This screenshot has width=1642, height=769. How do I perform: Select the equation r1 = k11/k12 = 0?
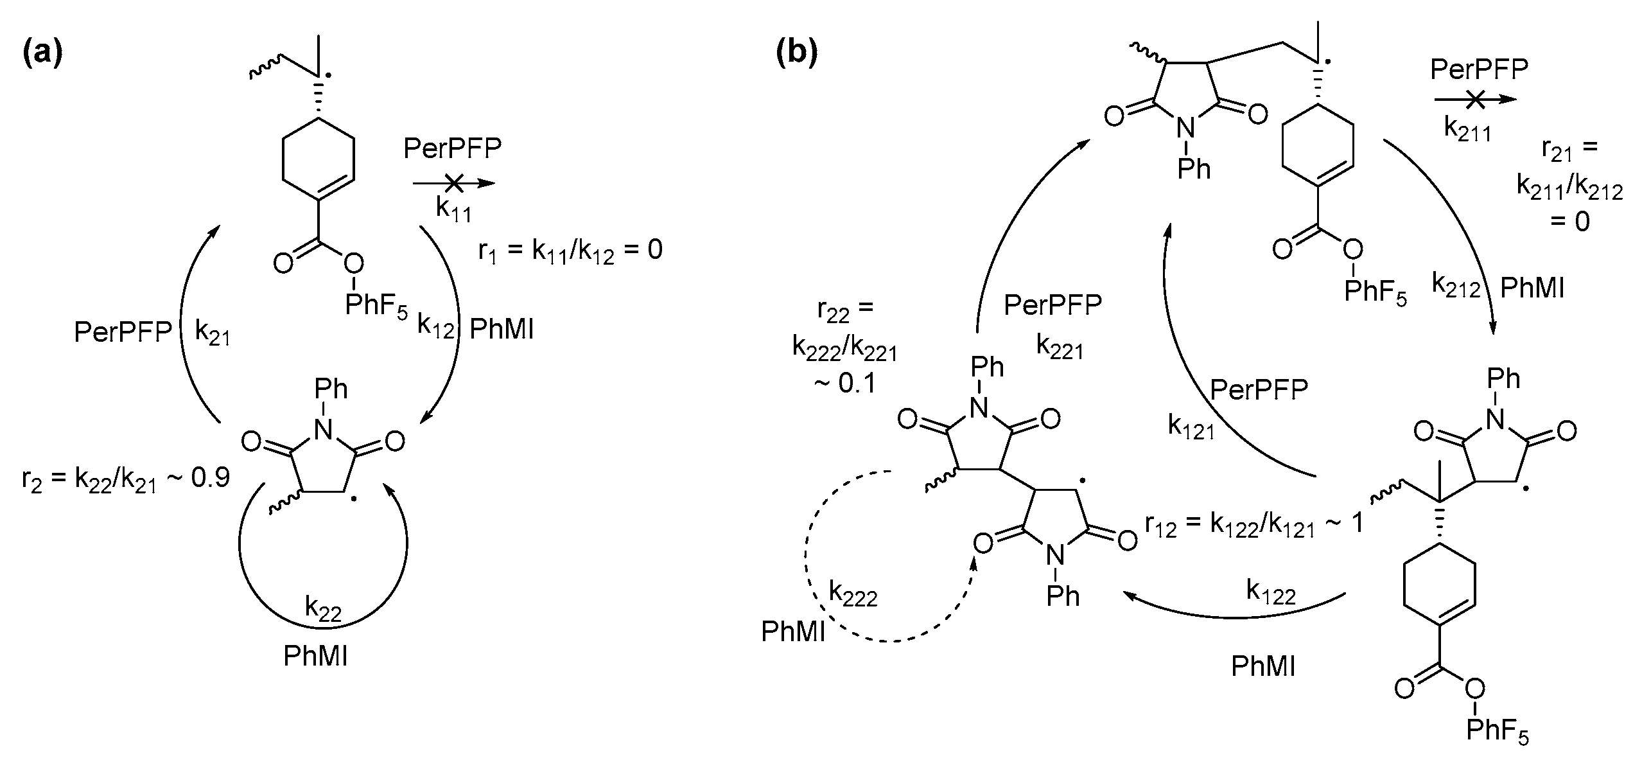tap(570, 251)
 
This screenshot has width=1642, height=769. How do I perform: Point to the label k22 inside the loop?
tap(322, 608)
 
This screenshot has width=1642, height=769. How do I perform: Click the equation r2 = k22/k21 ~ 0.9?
tap(126, 479)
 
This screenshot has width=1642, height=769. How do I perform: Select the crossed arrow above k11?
tap(454, 184)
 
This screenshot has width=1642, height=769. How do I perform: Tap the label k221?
tap(1060, 347)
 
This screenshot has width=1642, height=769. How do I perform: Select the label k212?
tap(1456, 285)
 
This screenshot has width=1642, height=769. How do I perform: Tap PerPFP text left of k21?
tap(123, 333)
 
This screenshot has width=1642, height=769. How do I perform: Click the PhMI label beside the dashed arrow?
tap(793, 632)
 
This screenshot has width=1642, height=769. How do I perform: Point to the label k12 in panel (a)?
tap(435, 327)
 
